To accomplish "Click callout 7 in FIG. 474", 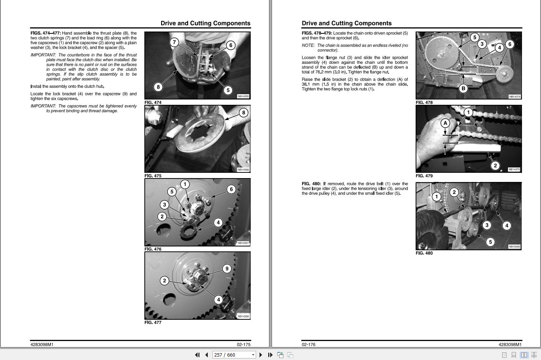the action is (174, 43).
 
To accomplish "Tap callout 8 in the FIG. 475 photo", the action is (244, 113).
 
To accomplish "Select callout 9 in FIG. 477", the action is (227, 268).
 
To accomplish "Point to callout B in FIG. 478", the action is (463, 88).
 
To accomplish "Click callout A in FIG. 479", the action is (445, 123).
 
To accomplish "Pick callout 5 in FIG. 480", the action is (490, 242).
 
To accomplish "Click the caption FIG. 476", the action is (153, 249).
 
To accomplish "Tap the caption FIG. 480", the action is (424, 253).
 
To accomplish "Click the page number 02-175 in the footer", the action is (244, 344).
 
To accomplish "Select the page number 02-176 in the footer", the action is (308, 344).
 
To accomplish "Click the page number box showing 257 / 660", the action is (234, 355).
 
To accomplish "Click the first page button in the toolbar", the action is (197, 355).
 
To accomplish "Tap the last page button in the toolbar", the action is (270, 355).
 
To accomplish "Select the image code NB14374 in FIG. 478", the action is (514, 96).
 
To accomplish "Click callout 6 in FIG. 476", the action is (231, 189).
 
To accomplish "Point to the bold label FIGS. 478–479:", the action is (317, 33).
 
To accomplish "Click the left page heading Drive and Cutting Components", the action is (205, 23).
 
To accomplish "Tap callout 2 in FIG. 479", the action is (495, 166).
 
